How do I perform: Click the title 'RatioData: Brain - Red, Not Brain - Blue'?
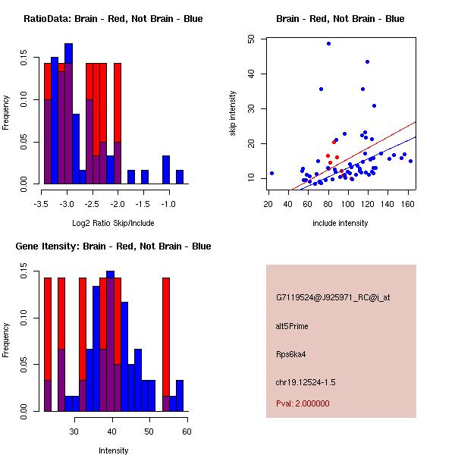point(113,19)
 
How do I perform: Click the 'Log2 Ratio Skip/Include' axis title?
point(113,224)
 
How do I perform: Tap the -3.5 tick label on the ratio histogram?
point(42,203)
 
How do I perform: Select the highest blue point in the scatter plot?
point(328,43)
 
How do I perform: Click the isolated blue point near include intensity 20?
point(271,173)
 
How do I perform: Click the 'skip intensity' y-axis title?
point(234,113)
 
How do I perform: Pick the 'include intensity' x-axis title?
point(340,224)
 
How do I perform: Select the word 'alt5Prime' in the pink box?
point(292,326)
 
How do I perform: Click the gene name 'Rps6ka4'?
point(290,353)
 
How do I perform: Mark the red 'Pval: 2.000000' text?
point(303,403)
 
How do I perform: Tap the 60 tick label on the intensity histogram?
point(187,431)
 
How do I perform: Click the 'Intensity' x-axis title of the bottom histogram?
point(114,450)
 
